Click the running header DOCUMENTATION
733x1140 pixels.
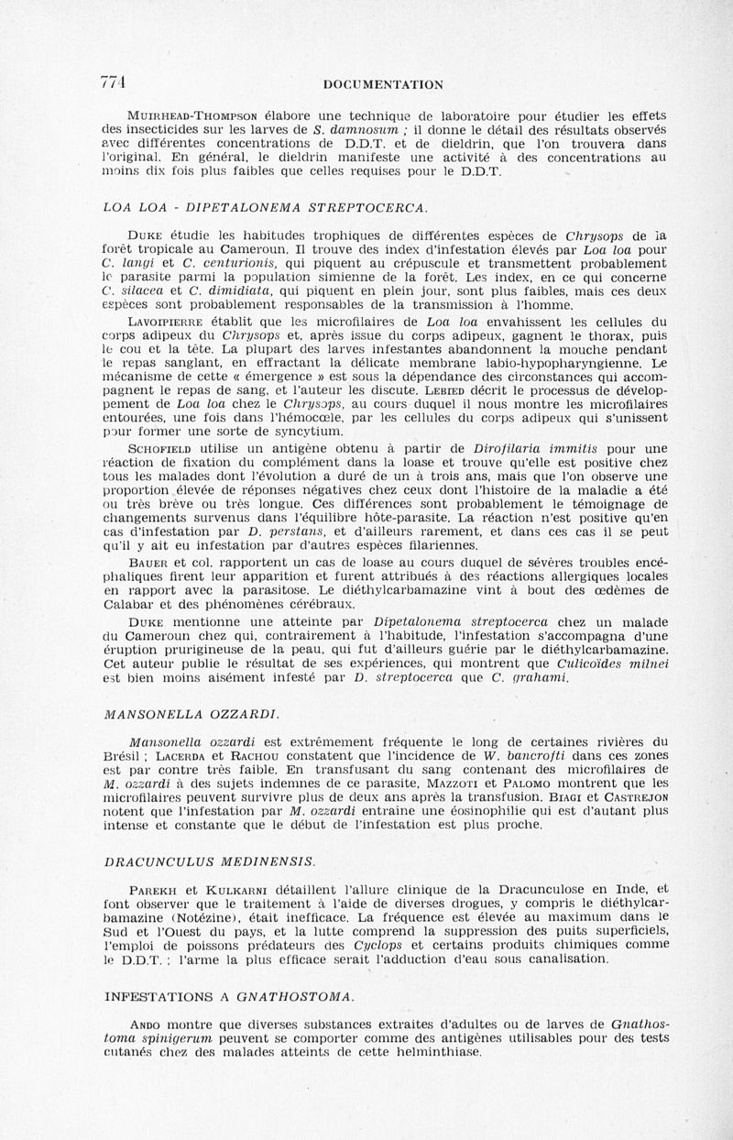[384, 84]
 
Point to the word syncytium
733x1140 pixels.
[285, 431]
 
